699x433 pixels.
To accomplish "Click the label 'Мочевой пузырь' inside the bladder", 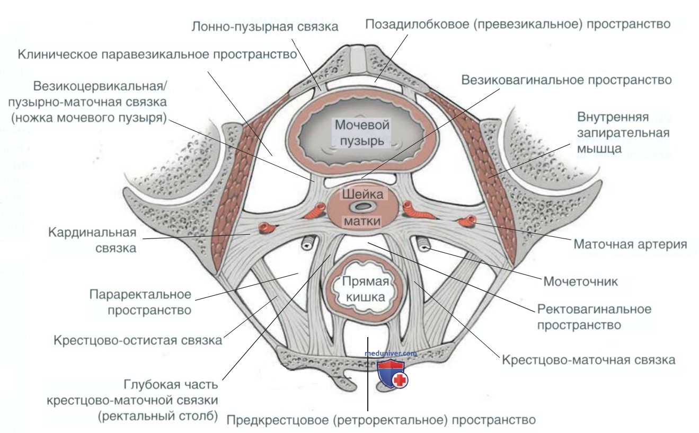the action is [362, 133].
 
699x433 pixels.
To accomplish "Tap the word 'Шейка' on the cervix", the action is [362, 195].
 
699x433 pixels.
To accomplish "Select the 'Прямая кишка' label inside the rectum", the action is [366, 289].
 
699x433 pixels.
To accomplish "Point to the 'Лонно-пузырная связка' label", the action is [265, 26].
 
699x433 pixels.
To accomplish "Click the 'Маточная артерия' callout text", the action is [630, 244].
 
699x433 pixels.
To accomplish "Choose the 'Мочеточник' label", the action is [581, 281].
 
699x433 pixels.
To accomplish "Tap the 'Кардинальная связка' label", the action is [92, 240].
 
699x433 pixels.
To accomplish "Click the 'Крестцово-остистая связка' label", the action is [138, 340].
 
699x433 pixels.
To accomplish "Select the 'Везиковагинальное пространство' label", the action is [567, 80].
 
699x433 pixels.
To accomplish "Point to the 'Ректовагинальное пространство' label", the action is [595, 317].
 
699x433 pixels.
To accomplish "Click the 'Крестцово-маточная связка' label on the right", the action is [589, 360].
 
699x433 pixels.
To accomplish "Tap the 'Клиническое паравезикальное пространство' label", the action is [157, 54].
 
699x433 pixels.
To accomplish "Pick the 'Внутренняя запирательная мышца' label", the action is [623, 132].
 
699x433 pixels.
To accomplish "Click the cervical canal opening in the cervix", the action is [362, 206].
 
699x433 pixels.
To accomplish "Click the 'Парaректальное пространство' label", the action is [140, 302].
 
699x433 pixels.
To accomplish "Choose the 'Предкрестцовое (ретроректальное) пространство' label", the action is [381, 420].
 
